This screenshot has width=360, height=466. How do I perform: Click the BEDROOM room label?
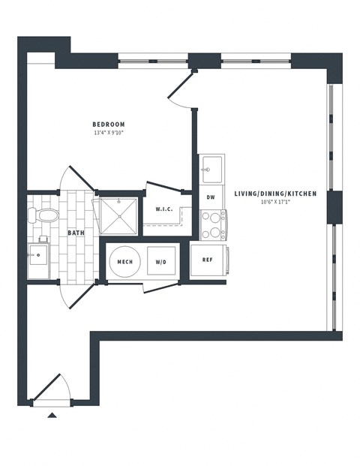pyautogui.click(x=109, y=125)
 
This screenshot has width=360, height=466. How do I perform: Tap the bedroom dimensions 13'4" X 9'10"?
pyautogui.click(x=109, y=134)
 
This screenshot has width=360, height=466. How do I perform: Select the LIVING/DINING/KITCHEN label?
pyautogui.click(x=275, y=194)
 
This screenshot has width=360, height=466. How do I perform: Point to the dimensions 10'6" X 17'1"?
pyautogui.click(x=275, y=202)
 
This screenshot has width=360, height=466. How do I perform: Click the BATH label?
pyautogui.click(x=76, y=233)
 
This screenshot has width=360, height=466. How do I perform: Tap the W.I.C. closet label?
pyautogui.click(x=164, y=209)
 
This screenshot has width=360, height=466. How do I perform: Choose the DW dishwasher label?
pyautogui.click(x=211, y=197)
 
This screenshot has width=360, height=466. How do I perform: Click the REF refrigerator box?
pyautogui.click(x=208, y=260)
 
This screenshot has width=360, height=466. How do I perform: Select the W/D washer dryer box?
pyautogui.click(x=161, y=262)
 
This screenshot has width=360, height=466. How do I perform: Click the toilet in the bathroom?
pyautogui.click(x=44, y=216)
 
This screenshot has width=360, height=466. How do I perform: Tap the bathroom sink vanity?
pyautogui.click(x=39, y=260)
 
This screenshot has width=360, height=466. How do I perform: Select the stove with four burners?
pyautogui.click(x=213, y=224)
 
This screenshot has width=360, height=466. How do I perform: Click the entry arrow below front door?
pyautogui.click(x=52, y=413)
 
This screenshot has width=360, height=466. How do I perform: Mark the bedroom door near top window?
pyautogui.click(x=181, y=89)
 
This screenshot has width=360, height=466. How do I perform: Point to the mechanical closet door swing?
pyautogui.click(x=157, y=287)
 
